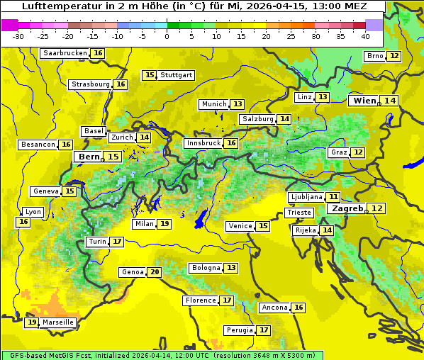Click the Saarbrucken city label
tap(65, 53)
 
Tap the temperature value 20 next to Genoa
tap(155, 272)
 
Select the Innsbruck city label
tap(203, 143)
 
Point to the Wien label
tap(365, 101)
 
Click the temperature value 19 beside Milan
tap(164, 224)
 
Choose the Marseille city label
tap(58, 322)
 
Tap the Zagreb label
tap(347, 208)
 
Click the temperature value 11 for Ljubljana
tap(333, 197)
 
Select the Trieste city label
tap(299, 213)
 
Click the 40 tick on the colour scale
tap(365, 36)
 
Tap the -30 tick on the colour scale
tap(18, 36)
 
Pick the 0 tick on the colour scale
tap(167, 36)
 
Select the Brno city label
tap(374, 56)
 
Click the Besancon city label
tap(38, 145)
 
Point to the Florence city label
tap(201, 300)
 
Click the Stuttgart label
tap(177, 75)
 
